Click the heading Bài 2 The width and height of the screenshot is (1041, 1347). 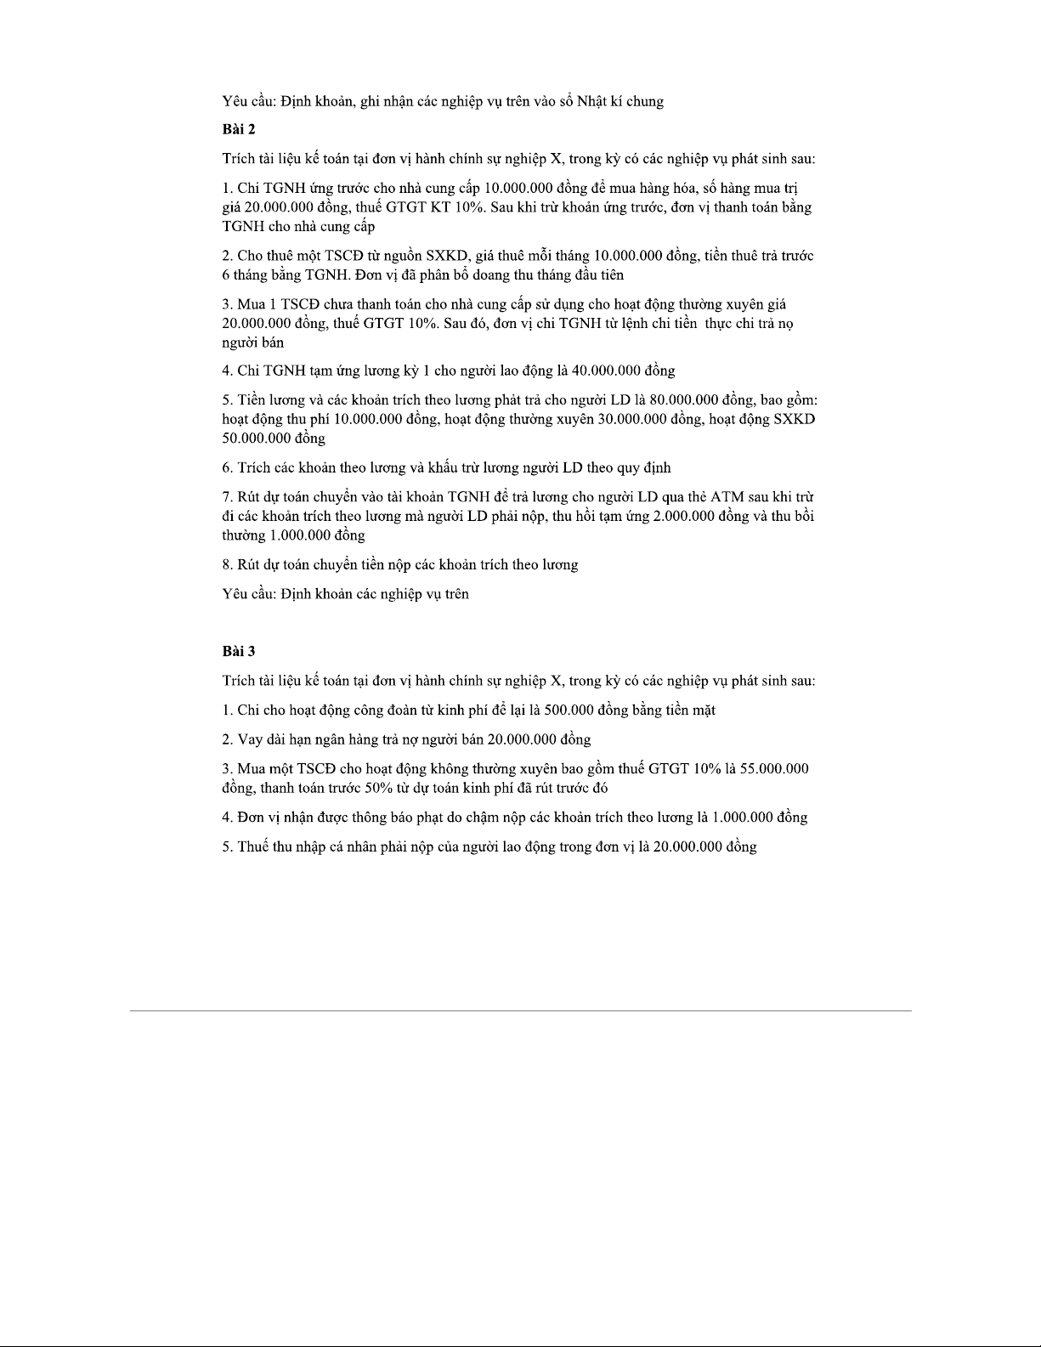(239, 129)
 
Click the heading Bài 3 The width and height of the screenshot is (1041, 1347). (239, 651)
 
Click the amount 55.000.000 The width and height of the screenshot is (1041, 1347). (774, 769)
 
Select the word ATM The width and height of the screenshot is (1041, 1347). (727, 496)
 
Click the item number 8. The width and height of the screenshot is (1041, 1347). (226, 564)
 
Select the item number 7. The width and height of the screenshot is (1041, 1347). (226, 496)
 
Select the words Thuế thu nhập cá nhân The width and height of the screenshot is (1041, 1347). (301, 846)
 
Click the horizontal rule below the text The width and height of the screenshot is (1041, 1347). (520, 1010)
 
